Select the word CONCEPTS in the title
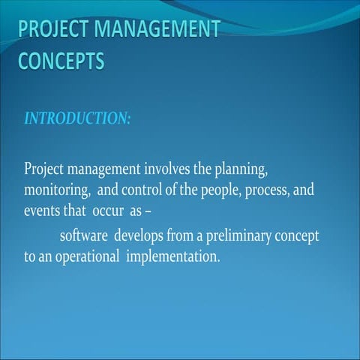[x=61, y=61]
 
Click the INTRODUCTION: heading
[x=77, y=120]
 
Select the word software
[x=84, y=235]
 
